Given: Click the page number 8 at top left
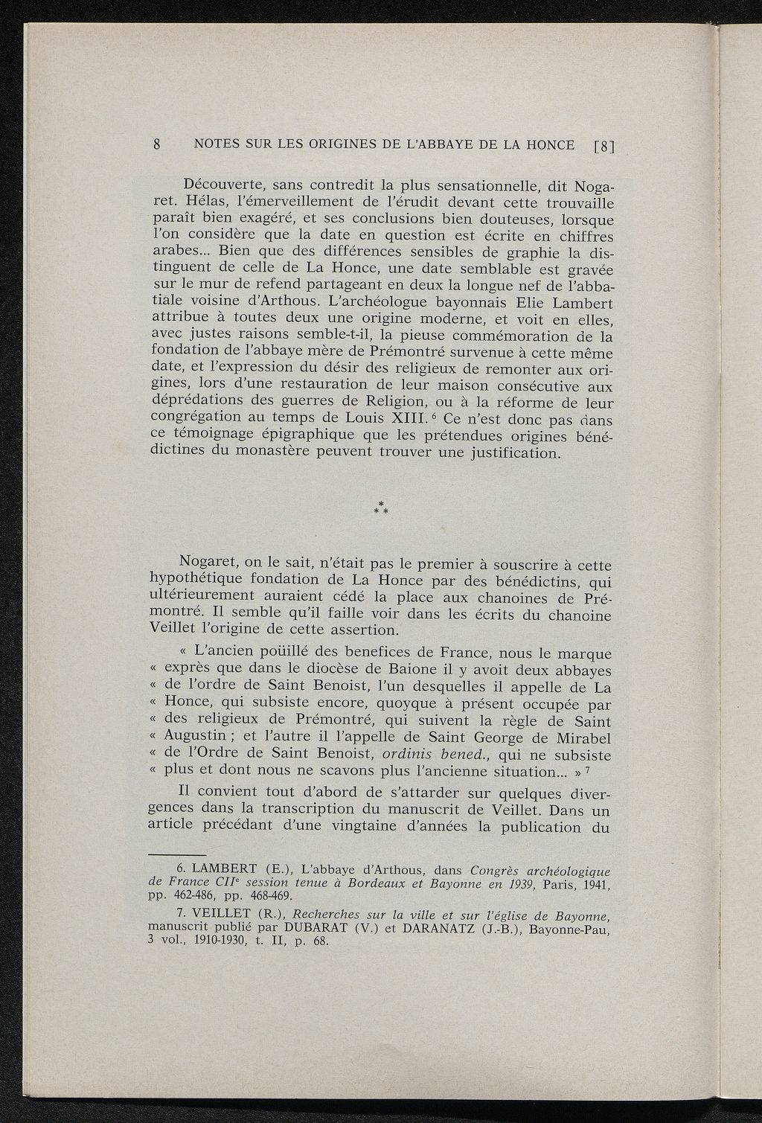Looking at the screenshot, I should (x=157, y=145).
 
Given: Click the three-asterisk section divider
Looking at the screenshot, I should (x=381, y=510).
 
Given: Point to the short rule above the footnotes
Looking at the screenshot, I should (x=177, y=855).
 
